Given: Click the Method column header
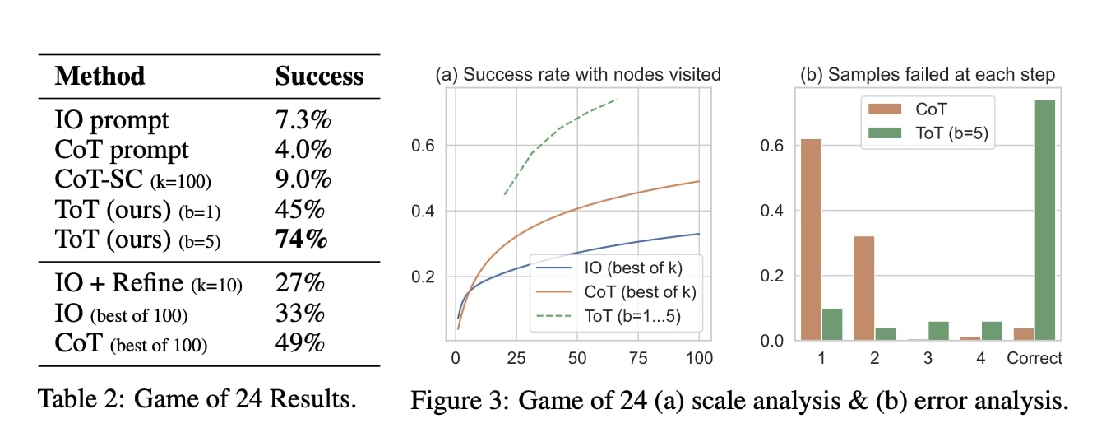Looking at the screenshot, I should click(100, 77).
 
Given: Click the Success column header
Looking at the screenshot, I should click(319, 77).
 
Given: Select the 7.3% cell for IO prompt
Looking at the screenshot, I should click(303, 120).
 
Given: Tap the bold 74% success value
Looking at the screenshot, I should click(302, 240).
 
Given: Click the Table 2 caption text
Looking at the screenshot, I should click(197, 401).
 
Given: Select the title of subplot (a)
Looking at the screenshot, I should click(577, 75).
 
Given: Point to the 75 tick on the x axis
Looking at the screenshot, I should click(638, 358).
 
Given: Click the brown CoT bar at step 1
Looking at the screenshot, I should click(809, 240).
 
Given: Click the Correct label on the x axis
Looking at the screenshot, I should click(1034, 358).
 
